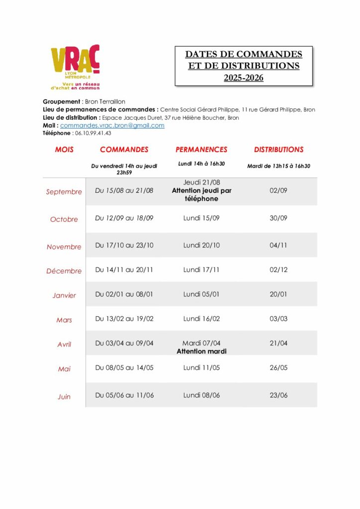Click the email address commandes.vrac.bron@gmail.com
pyautogui.click(x=112, y=126)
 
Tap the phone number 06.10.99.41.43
pyautogui.click(x=92, y=133)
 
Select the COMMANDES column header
pyautogui.click(x=124, y=150)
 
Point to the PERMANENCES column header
pyautogui.click(x=201, y=150)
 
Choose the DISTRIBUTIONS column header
pyautogui.click(x=278, y=150)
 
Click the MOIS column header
pyautogui.click(x=64, y=150)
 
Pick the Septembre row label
pyautogui.click(x=64, y=192)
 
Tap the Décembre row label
pyautogui.click(x=64, y=271)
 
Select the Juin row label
pyautogui.click(x=64, y=397)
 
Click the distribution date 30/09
pyautogui.click(x=278, y=218)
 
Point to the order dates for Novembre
pyautogui.click(x=124, y=245)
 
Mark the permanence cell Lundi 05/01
pyautogui.click(x=201, y=294)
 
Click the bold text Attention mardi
pyautogui.click(x=201, y=351)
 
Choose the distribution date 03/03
pyautogui.click(x=278, y=319)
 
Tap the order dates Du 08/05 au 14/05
pyautogui.click(x=124, y=368)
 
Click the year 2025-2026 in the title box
pyautogui.click(x=244, y=78)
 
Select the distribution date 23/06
pyautogui.click(x=278, y=395)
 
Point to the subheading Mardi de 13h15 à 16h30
pyautogui.click(x=278, y=166)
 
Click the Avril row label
pyautogui.click(x=64, y=344)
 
